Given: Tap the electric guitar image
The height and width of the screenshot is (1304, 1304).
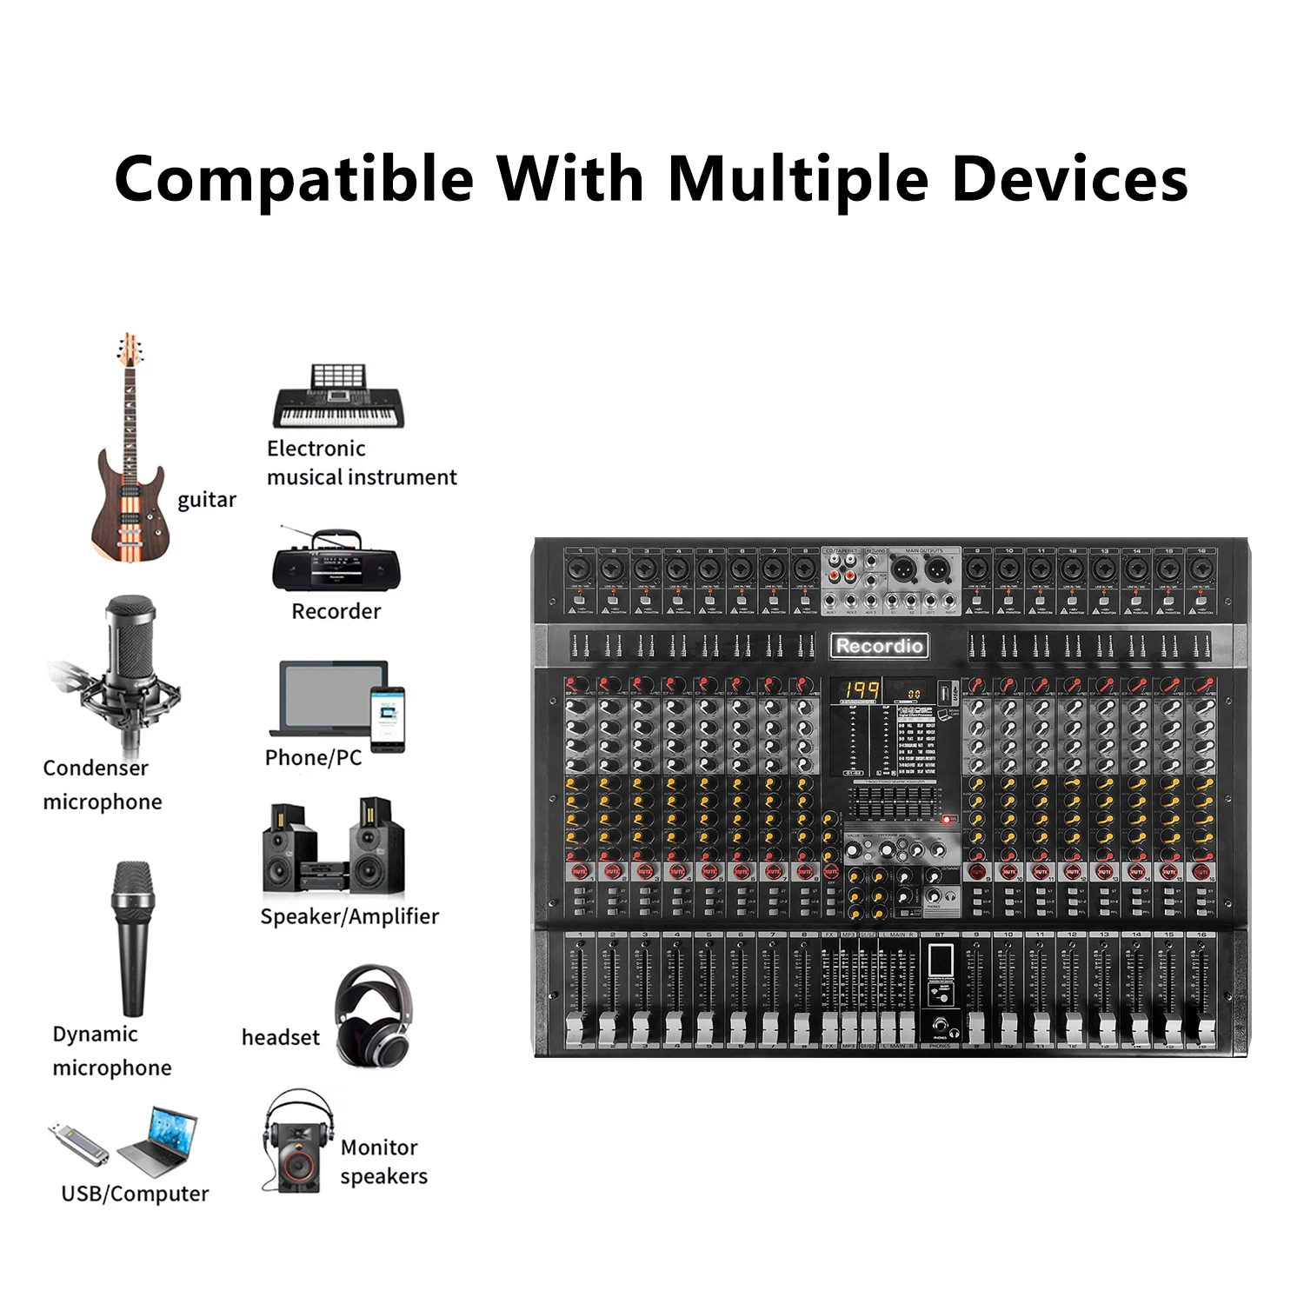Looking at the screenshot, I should (x=130, y=452).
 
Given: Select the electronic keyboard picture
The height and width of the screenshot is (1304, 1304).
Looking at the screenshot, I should (x=339, y=398).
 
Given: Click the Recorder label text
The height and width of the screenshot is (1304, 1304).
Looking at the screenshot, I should (x=336, y=611).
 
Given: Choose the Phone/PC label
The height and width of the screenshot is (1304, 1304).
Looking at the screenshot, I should (x=313, y=757).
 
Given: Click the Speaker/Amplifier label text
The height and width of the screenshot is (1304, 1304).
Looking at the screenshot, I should (x=349, y=916).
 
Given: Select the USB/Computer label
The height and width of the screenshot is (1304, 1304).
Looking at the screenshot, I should (x=135, y=1194).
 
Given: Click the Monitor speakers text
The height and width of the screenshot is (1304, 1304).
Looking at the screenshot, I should (x=383, y=1161).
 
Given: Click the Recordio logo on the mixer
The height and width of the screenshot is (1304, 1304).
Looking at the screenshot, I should (x=879, y=646).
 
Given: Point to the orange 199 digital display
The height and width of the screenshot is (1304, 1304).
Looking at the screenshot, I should (x=860, y=692).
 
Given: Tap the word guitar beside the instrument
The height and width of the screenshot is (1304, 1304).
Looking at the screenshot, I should (x=207, y=500).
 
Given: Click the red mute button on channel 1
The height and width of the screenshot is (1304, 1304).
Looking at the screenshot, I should (x=580, y=870).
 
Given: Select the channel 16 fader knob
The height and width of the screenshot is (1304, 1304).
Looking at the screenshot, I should (x=1204, y=1030).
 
